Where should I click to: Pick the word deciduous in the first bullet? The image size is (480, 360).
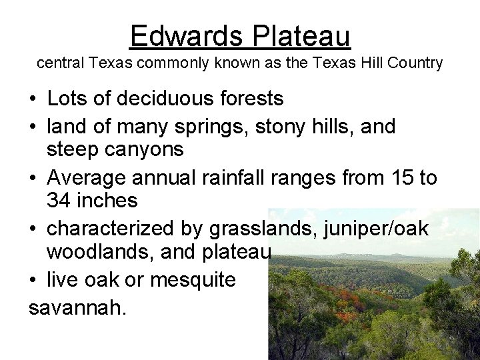[164, 99]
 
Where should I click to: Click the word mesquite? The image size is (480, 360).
[193, 280]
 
